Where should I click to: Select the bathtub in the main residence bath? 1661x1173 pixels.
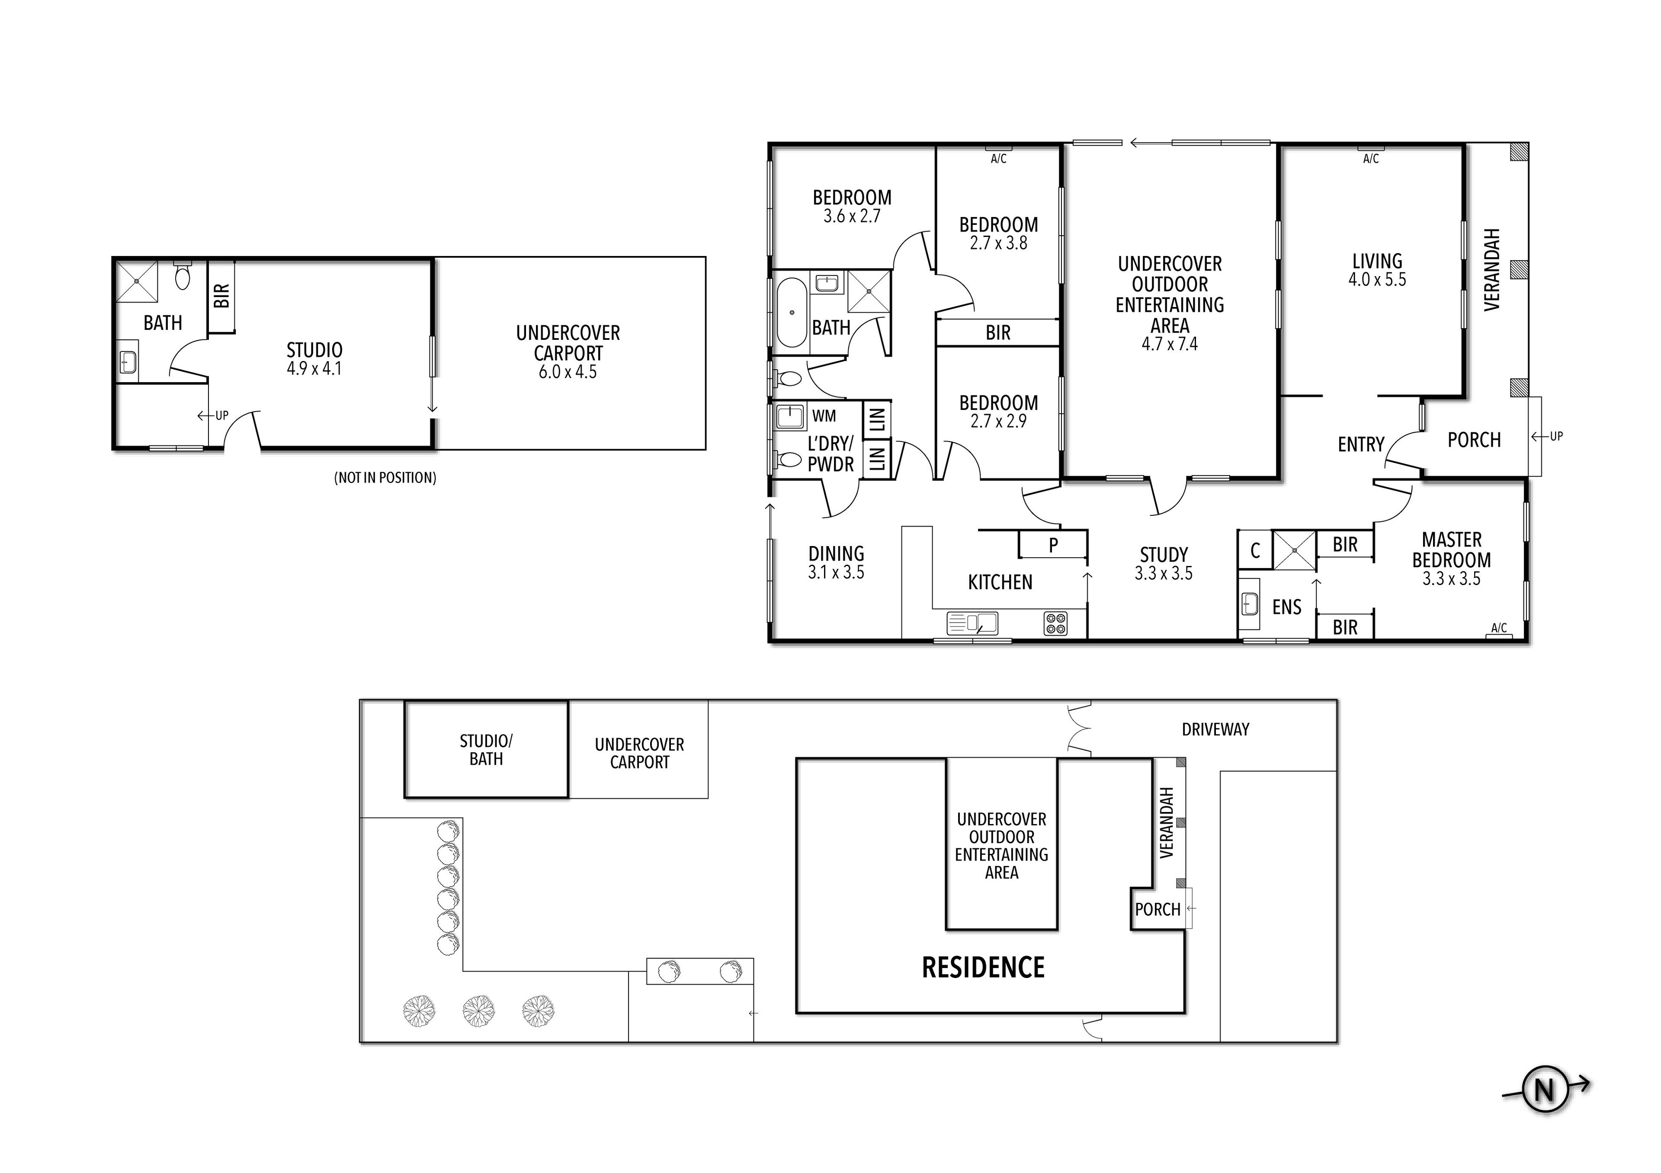pyautogui.click(x=792, y=313)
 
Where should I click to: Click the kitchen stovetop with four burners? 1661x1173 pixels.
pyautogui.click(x=1055, y=623)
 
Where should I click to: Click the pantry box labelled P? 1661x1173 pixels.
pyautogui.click(x=1052, y=544)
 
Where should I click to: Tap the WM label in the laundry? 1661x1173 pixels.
pyautogui.click(x=824, y=416)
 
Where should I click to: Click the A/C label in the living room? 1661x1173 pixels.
pyautogui.click(x=1371, y=158)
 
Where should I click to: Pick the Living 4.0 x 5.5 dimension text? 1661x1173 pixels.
pyautogui.click(x=1377, y=280)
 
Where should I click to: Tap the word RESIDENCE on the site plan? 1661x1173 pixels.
pyautogui.click(x=983, y=968)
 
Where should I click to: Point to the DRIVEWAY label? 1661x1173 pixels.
pyautogui.click(x=1215, y=730)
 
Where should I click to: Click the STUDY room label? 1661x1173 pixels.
pyautogui.click(x=1164, y=555)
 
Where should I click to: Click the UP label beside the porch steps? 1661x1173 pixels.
pyautogui.click(x=1556, y=436)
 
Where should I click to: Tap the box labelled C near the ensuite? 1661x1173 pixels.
pyautogui.click(x=1255, y=550)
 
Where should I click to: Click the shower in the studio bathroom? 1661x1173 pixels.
pyautogui.click(x=137, y=281)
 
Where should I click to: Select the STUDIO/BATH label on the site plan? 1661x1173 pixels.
pyautogui.click(x=486, y=750)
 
